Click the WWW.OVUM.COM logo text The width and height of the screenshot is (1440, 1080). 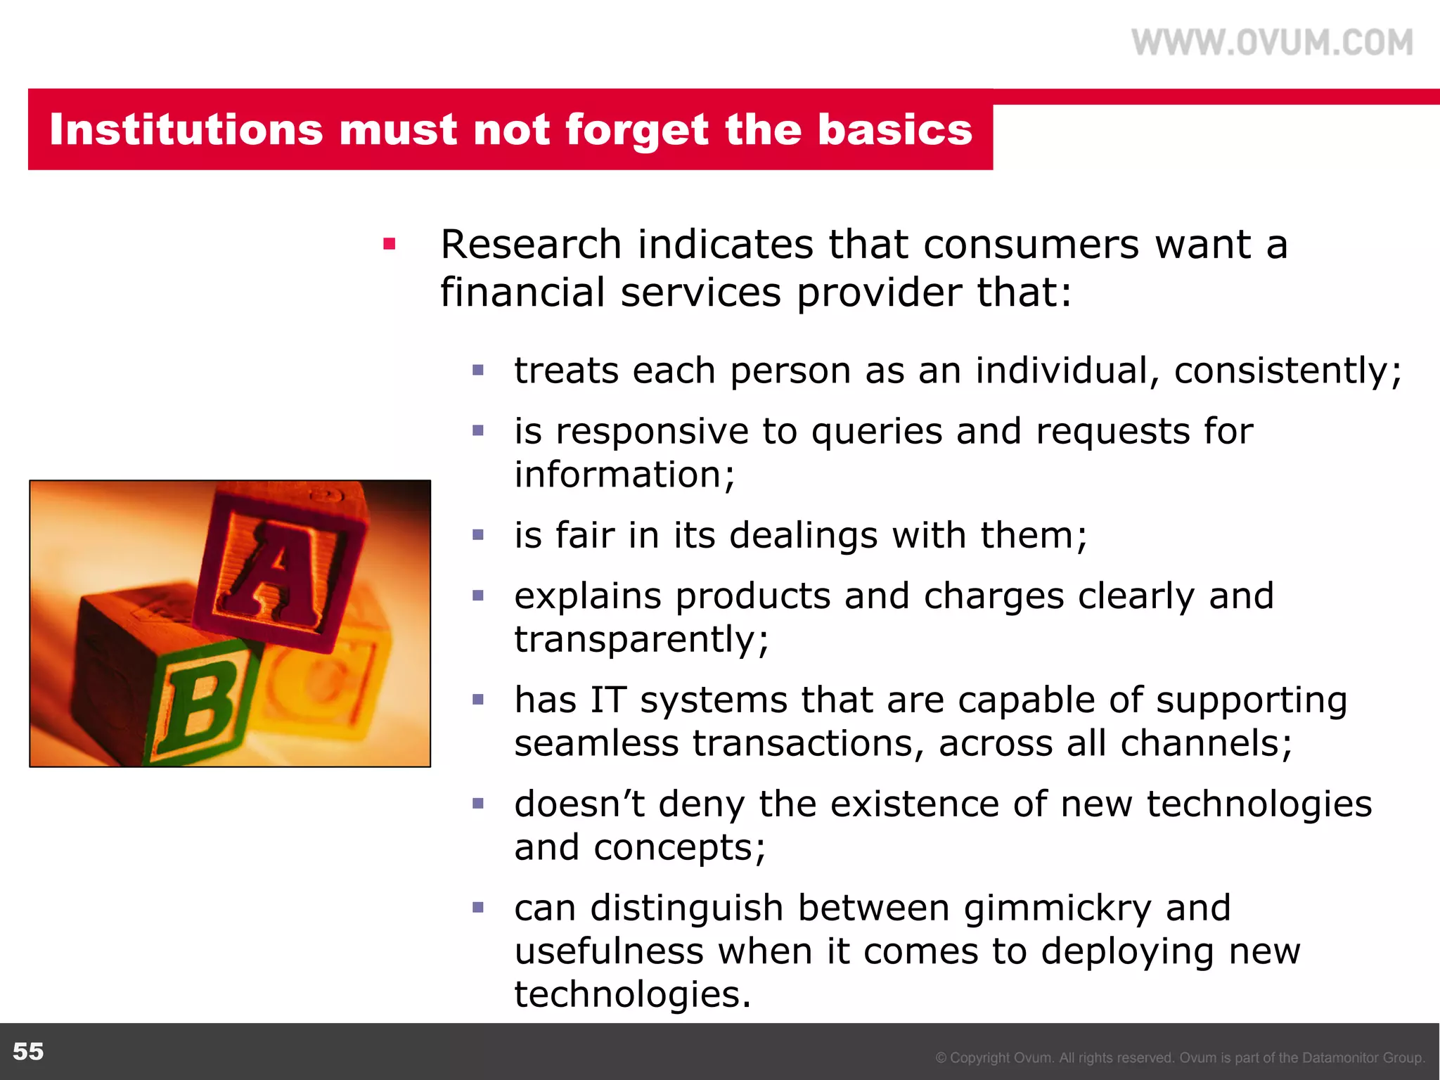[1272, 43]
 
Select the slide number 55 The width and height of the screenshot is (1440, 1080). [28, 1052]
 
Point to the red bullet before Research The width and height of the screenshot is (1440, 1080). [390, 245]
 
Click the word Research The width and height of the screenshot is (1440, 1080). [531, 245]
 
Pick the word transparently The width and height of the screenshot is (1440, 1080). [641, 639]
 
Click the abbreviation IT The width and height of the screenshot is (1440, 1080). [607, 700]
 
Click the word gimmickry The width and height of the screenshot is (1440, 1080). [1057, 908]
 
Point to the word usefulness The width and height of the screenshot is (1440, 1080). [609, 951]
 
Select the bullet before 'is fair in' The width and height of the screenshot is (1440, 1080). [478, 535]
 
